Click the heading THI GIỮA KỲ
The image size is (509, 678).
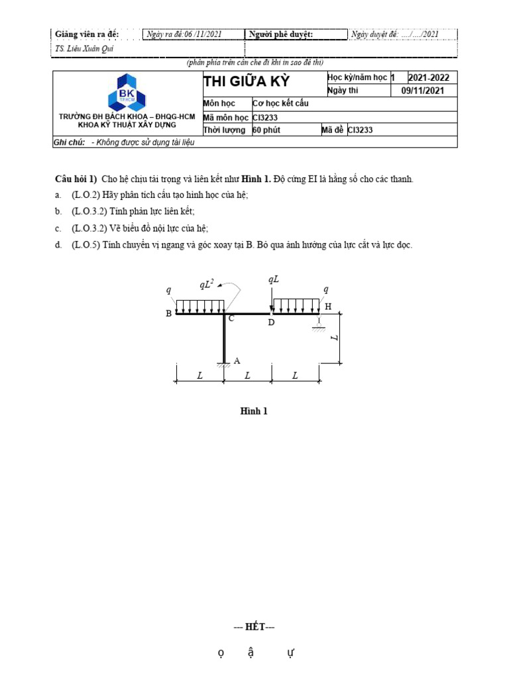pos(247,82)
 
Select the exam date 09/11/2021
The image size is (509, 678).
pos(424,91)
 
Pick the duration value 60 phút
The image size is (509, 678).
pos(266,130)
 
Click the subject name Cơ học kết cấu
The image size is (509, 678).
pos(281,103)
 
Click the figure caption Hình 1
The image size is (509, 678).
pos(254,411)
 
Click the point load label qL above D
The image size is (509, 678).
pos(274,279)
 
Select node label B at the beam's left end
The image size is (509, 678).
pos(169,314)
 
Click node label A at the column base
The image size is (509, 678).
pos(237,361)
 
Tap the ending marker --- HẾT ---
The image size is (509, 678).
pos(254,627)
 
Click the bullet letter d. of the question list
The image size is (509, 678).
pos(58,245)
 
